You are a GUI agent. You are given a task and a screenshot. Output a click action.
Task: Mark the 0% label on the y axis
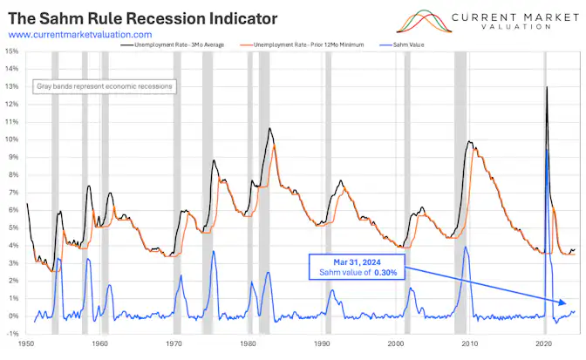pos(13,316)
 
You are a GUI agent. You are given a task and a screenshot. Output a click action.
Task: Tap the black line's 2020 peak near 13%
pos(547,87)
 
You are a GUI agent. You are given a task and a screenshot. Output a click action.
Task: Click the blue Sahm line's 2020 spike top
pos(547,149)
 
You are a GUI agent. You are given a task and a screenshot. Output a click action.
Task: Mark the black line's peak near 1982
pos(269,128)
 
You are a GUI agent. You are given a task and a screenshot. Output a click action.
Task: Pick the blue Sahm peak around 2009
pos(466,247)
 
